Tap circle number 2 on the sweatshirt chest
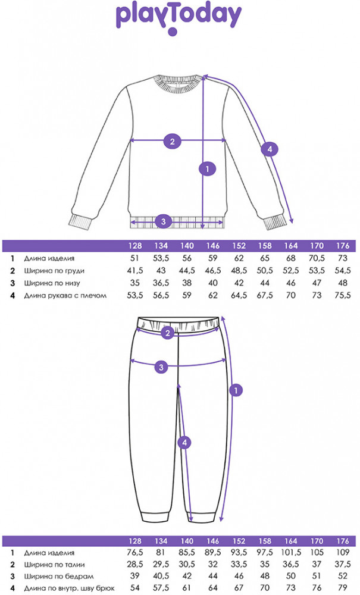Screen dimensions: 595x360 [x=172, y=141]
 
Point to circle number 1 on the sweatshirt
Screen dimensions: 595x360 [x=207, y=169]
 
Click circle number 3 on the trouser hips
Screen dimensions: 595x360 [x=161, y=367]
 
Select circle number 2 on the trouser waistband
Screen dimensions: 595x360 [x=168, y=332]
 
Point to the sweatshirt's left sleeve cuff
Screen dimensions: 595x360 [x=79, y=223]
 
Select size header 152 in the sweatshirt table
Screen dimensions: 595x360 [x=239, y=246]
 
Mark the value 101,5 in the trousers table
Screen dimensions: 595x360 [x=292, y=553]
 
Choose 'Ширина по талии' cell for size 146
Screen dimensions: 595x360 [x=212, y=565]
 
